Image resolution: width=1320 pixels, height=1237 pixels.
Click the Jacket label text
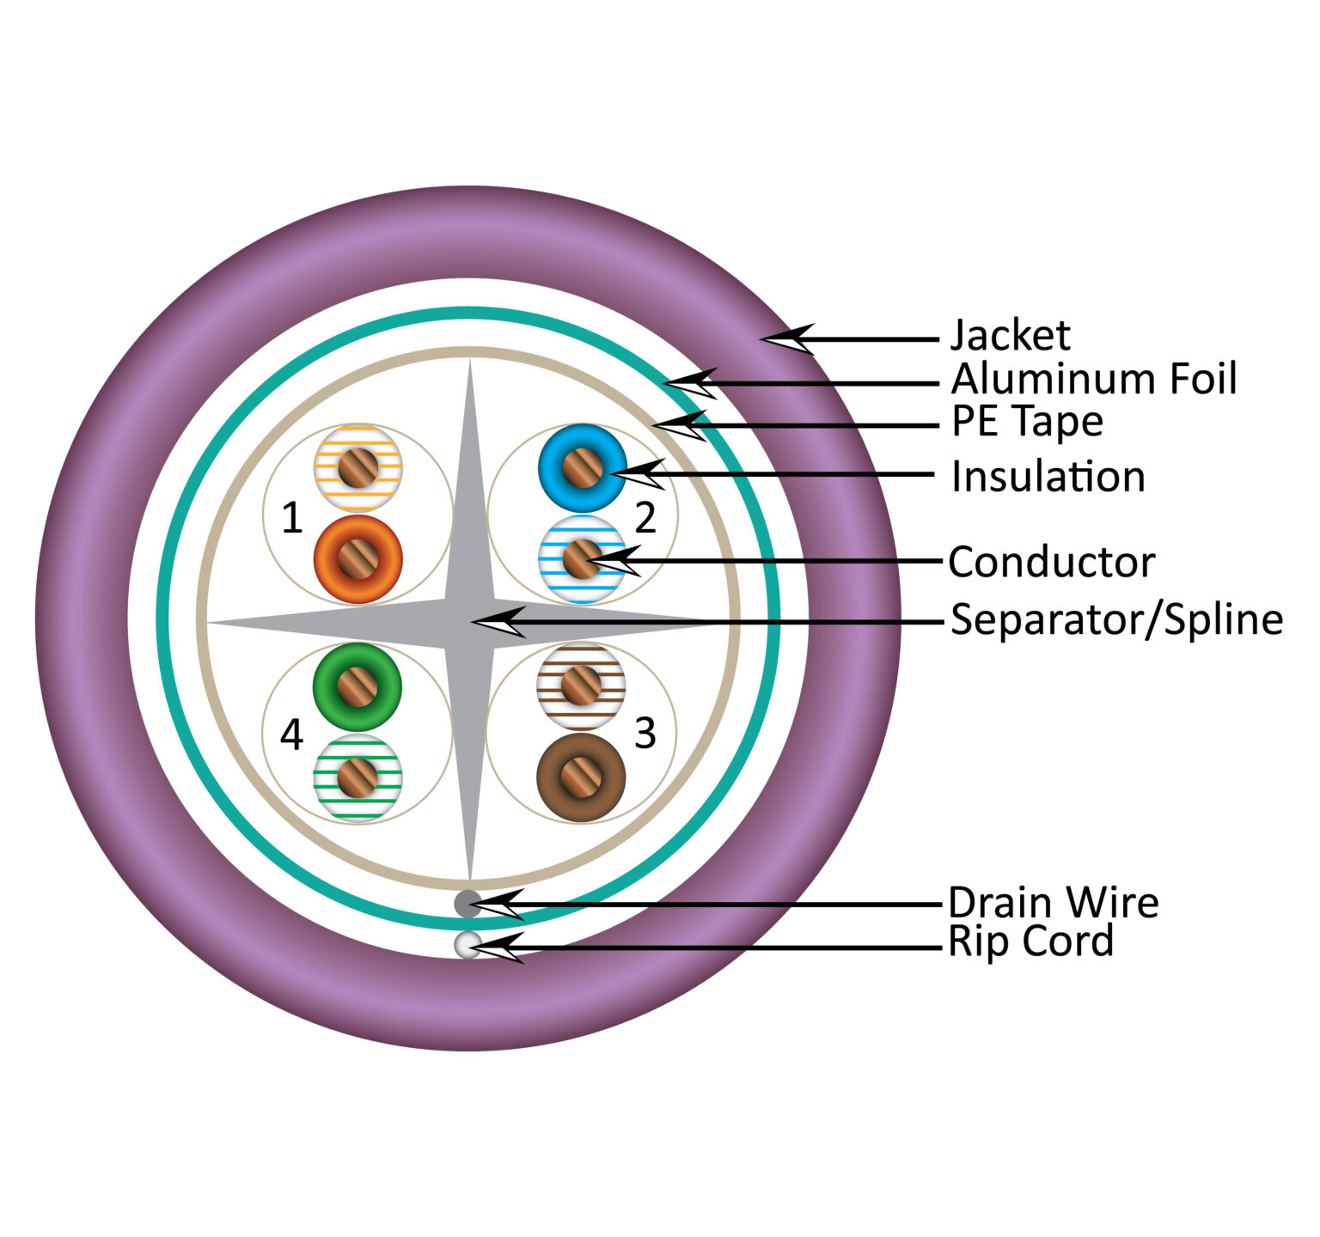tap(1010, 336)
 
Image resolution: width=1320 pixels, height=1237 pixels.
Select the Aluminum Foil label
tap(1093, 379)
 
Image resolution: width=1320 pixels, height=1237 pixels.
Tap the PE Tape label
tap(1027, 421)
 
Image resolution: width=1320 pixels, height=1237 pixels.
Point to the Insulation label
tap(1048, 477)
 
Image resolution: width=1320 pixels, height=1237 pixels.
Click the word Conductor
tap(1051, 563)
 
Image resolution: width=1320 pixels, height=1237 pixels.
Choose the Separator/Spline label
tap(1116, 619)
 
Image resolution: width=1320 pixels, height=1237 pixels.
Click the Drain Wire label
tap(1053, 903)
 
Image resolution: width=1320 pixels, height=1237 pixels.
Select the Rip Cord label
tap(1030, 941)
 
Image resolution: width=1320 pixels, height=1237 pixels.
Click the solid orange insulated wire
tap(358, 559)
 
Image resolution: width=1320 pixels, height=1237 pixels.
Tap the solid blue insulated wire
tap(582, 468)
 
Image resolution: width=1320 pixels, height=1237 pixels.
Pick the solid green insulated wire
tap(357, 687)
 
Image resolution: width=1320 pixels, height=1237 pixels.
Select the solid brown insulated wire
tap(580, 777)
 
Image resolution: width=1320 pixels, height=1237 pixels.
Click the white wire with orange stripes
tap(357, 468)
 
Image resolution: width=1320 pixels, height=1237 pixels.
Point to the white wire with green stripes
tap(357, 777)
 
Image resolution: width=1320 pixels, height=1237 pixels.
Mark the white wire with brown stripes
tap(581, 686)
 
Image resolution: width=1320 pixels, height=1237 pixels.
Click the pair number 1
tap(292, 519)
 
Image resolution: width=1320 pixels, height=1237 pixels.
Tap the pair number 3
tap(645, 733)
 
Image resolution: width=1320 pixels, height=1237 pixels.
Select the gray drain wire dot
tap(467, 904)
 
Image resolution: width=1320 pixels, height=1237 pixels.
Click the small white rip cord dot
tap(467, 944)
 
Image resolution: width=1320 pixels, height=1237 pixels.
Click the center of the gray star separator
tap(469, 621)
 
